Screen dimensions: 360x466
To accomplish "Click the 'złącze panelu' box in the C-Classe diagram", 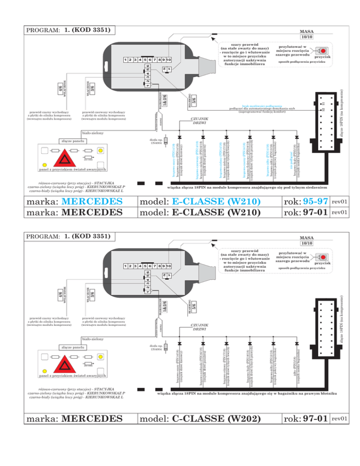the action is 73,347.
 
